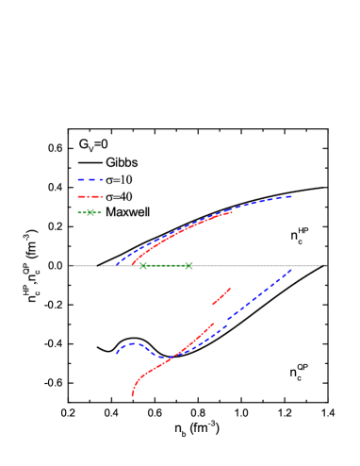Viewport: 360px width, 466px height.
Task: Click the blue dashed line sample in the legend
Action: point(90,179)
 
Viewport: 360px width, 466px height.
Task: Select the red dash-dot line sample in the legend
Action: point(90,196)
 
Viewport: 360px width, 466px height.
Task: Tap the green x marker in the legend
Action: point(90,213)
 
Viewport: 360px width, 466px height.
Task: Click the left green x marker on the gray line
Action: point(143,266)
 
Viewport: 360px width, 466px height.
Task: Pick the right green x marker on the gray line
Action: point(188,266)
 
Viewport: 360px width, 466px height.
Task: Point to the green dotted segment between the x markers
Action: point(166,266)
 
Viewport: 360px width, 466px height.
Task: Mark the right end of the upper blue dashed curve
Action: point(291,196)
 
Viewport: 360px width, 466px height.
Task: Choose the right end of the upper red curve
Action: point(232,212)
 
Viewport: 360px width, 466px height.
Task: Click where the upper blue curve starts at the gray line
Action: point(117,265)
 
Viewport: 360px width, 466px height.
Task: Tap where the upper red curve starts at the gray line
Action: point(132,265)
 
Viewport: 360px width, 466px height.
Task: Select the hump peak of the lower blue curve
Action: point(133,343)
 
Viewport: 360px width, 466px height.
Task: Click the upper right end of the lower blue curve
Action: point(291,270)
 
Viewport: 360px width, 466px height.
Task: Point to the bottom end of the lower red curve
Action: point(132,396)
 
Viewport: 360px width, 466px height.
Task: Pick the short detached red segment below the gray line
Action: point(221,297)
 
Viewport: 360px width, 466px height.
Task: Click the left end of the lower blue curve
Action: point(117,353)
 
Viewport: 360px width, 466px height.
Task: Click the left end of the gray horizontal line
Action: point(70,266)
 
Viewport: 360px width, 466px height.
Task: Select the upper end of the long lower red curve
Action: point(213,325)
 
